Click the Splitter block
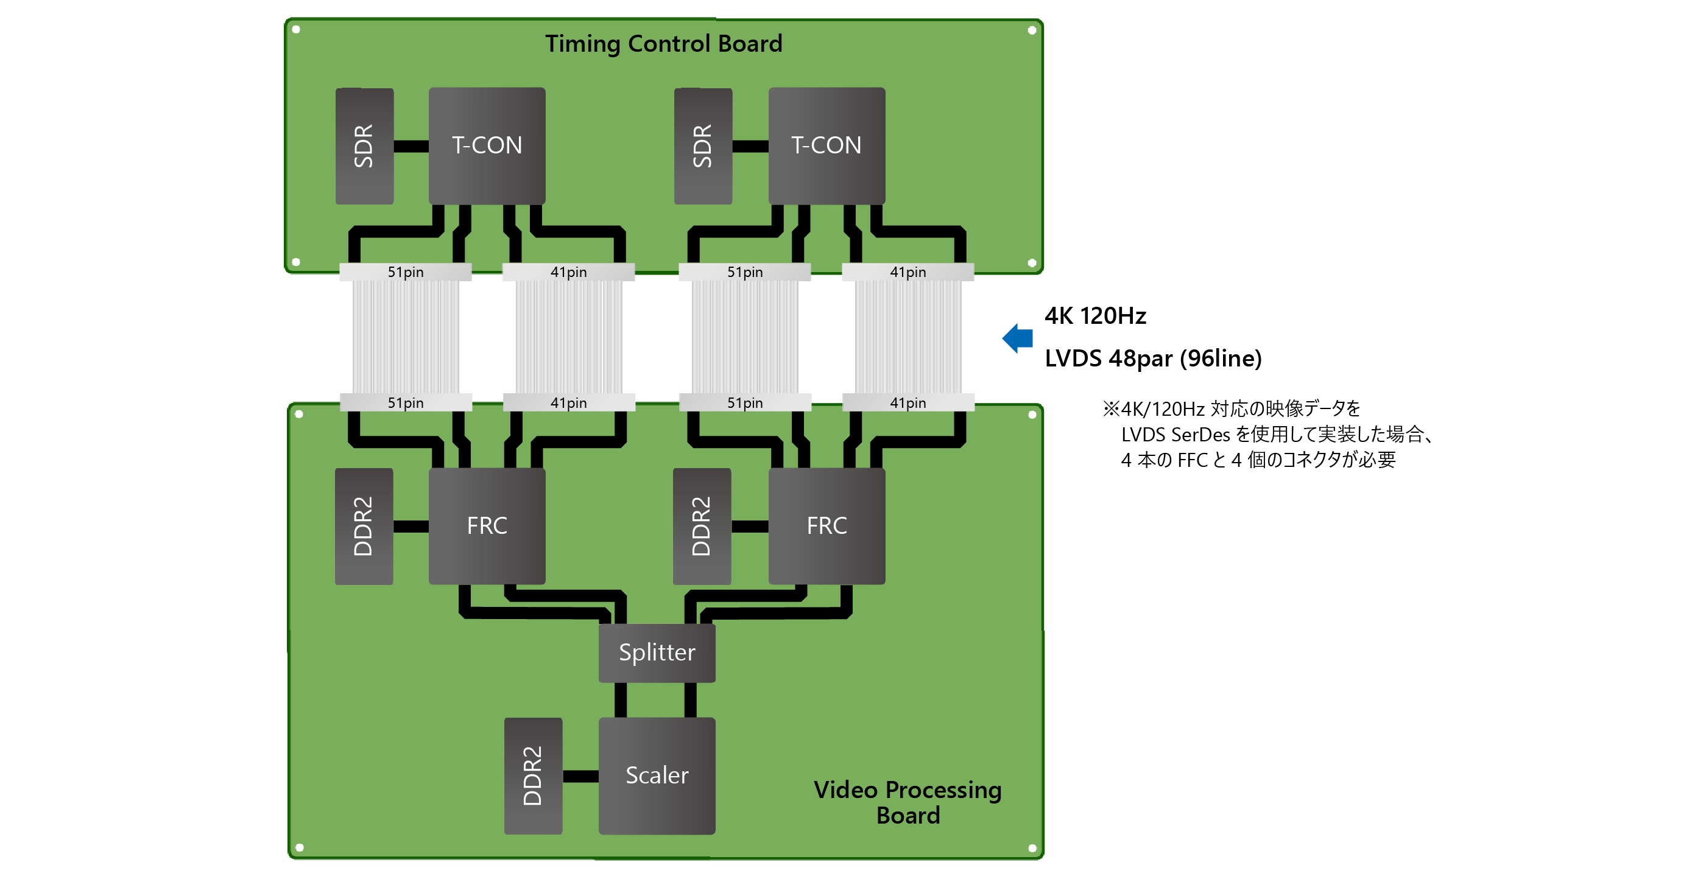pos(657,653)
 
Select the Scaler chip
pos(657,775)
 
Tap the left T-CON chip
pos(487,145)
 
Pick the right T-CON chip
pos(826,145)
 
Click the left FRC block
pos(487,525)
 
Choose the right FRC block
pos(826,525)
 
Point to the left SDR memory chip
pos(364,145)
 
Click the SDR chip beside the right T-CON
pos(703,145)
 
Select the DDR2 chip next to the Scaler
pos(532,775)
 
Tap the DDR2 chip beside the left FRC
pos(364,525)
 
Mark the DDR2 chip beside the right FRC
pos(701,525)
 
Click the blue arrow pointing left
pos(1018,338)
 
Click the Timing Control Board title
pos(664,44)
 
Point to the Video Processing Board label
pos(908,802)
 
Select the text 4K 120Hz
pos(1095,316)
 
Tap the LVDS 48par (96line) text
pos(1153,358)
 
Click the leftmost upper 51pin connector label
pos(405,272)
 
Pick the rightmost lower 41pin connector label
pos(908,402)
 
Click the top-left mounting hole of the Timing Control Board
pos(296,30)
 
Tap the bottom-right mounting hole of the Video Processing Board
pos(1032,848)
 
